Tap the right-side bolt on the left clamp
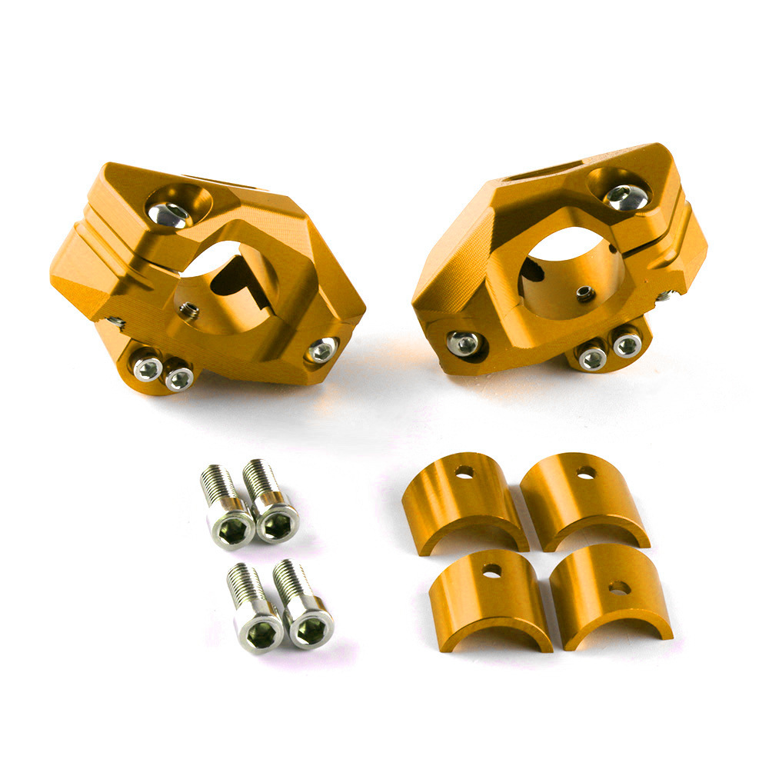(x=321, y=350)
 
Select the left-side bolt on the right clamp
(x=463, y=343)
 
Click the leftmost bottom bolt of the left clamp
(x=148, y=368)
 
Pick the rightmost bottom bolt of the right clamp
(x=627, y=344)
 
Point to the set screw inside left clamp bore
(x=188, y=311)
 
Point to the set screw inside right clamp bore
(x=586, y=293)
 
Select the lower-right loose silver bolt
(x=305, y=608)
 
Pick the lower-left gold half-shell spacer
(x=492, y=598)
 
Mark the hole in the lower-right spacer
(x=619, y=588)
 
